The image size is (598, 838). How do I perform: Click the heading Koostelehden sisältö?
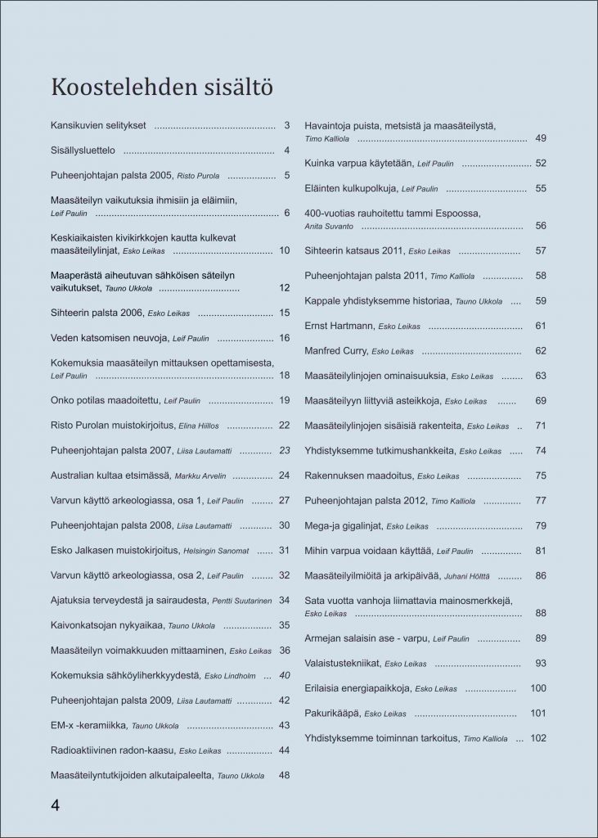pos(161,86)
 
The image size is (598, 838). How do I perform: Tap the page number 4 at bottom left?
pos(55,804)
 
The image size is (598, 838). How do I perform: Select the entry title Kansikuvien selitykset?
pos(98,126)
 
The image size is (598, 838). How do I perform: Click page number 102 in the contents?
pos(537,738)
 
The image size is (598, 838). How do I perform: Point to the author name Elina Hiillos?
pos(194,426)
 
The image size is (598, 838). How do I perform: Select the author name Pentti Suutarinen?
pos(243,601)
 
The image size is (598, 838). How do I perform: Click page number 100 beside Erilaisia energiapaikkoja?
pos(537,688)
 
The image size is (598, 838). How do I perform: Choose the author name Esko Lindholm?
pos(230,677)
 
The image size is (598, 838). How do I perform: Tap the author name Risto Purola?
pos(199,176)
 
